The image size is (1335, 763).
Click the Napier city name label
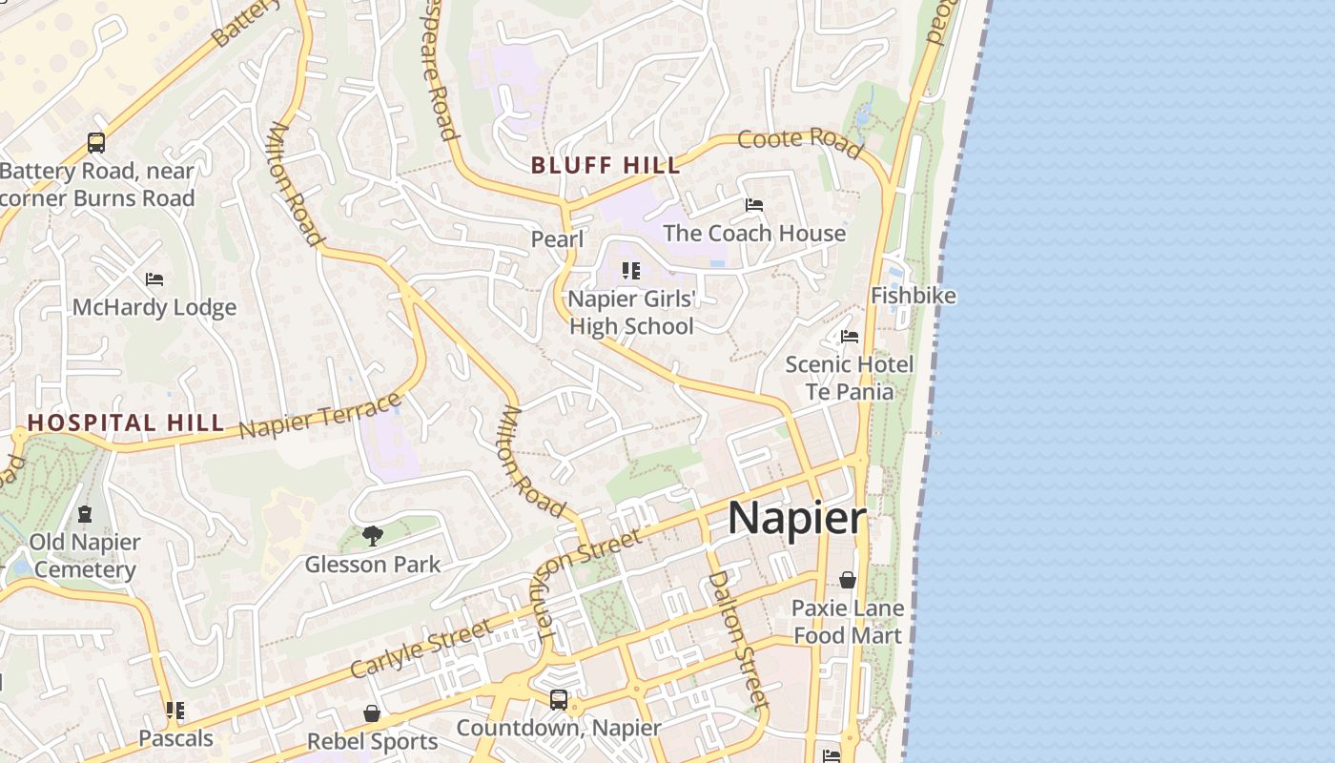pyautogui.click(x=796, y=519)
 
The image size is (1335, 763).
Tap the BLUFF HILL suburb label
pyautogui.click(x=606, y=165)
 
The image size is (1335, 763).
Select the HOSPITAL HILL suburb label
pyautogui.click(x=125, y=423)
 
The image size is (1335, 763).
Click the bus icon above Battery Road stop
pyautogui.click(x=96, y=143)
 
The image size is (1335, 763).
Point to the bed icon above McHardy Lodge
pyautogui.click(x=154, y=279)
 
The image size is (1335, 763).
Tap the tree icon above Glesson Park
pyautogui.click(x=372, y=536)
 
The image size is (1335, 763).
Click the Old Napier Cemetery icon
pyautogui.click(x=85, y=514)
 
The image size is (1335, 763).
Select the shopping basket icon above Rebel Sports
pyautogui.click(x=372, y=713)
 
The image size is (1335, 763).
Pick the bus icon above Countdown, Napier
pyautogui.click(x=559, y=700)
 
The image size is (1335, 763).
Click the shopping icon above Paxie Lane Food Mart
pyautogui.click(x=847, y=579)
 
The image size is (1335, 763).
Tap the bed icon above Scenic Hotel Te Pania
pyautogui.click(x=849, y=337)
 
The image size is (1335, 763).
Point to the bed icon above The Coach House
pyautogui.click(x=753, y=205)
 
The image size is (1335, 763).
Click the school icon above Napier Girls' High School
pyautogui.click(x=630, y=271)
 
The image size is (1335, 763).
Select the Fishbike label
pyautogui.click(x=913, y=296)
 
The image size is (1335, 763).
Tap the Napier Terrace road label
pyautogui.click(x=320, y=416)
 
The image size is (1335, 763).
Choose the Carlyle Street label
pyautogui.click(x=421, y=649)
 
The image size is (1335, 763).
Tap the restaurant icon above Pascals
pyautogui.click(x=175, y=711)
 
